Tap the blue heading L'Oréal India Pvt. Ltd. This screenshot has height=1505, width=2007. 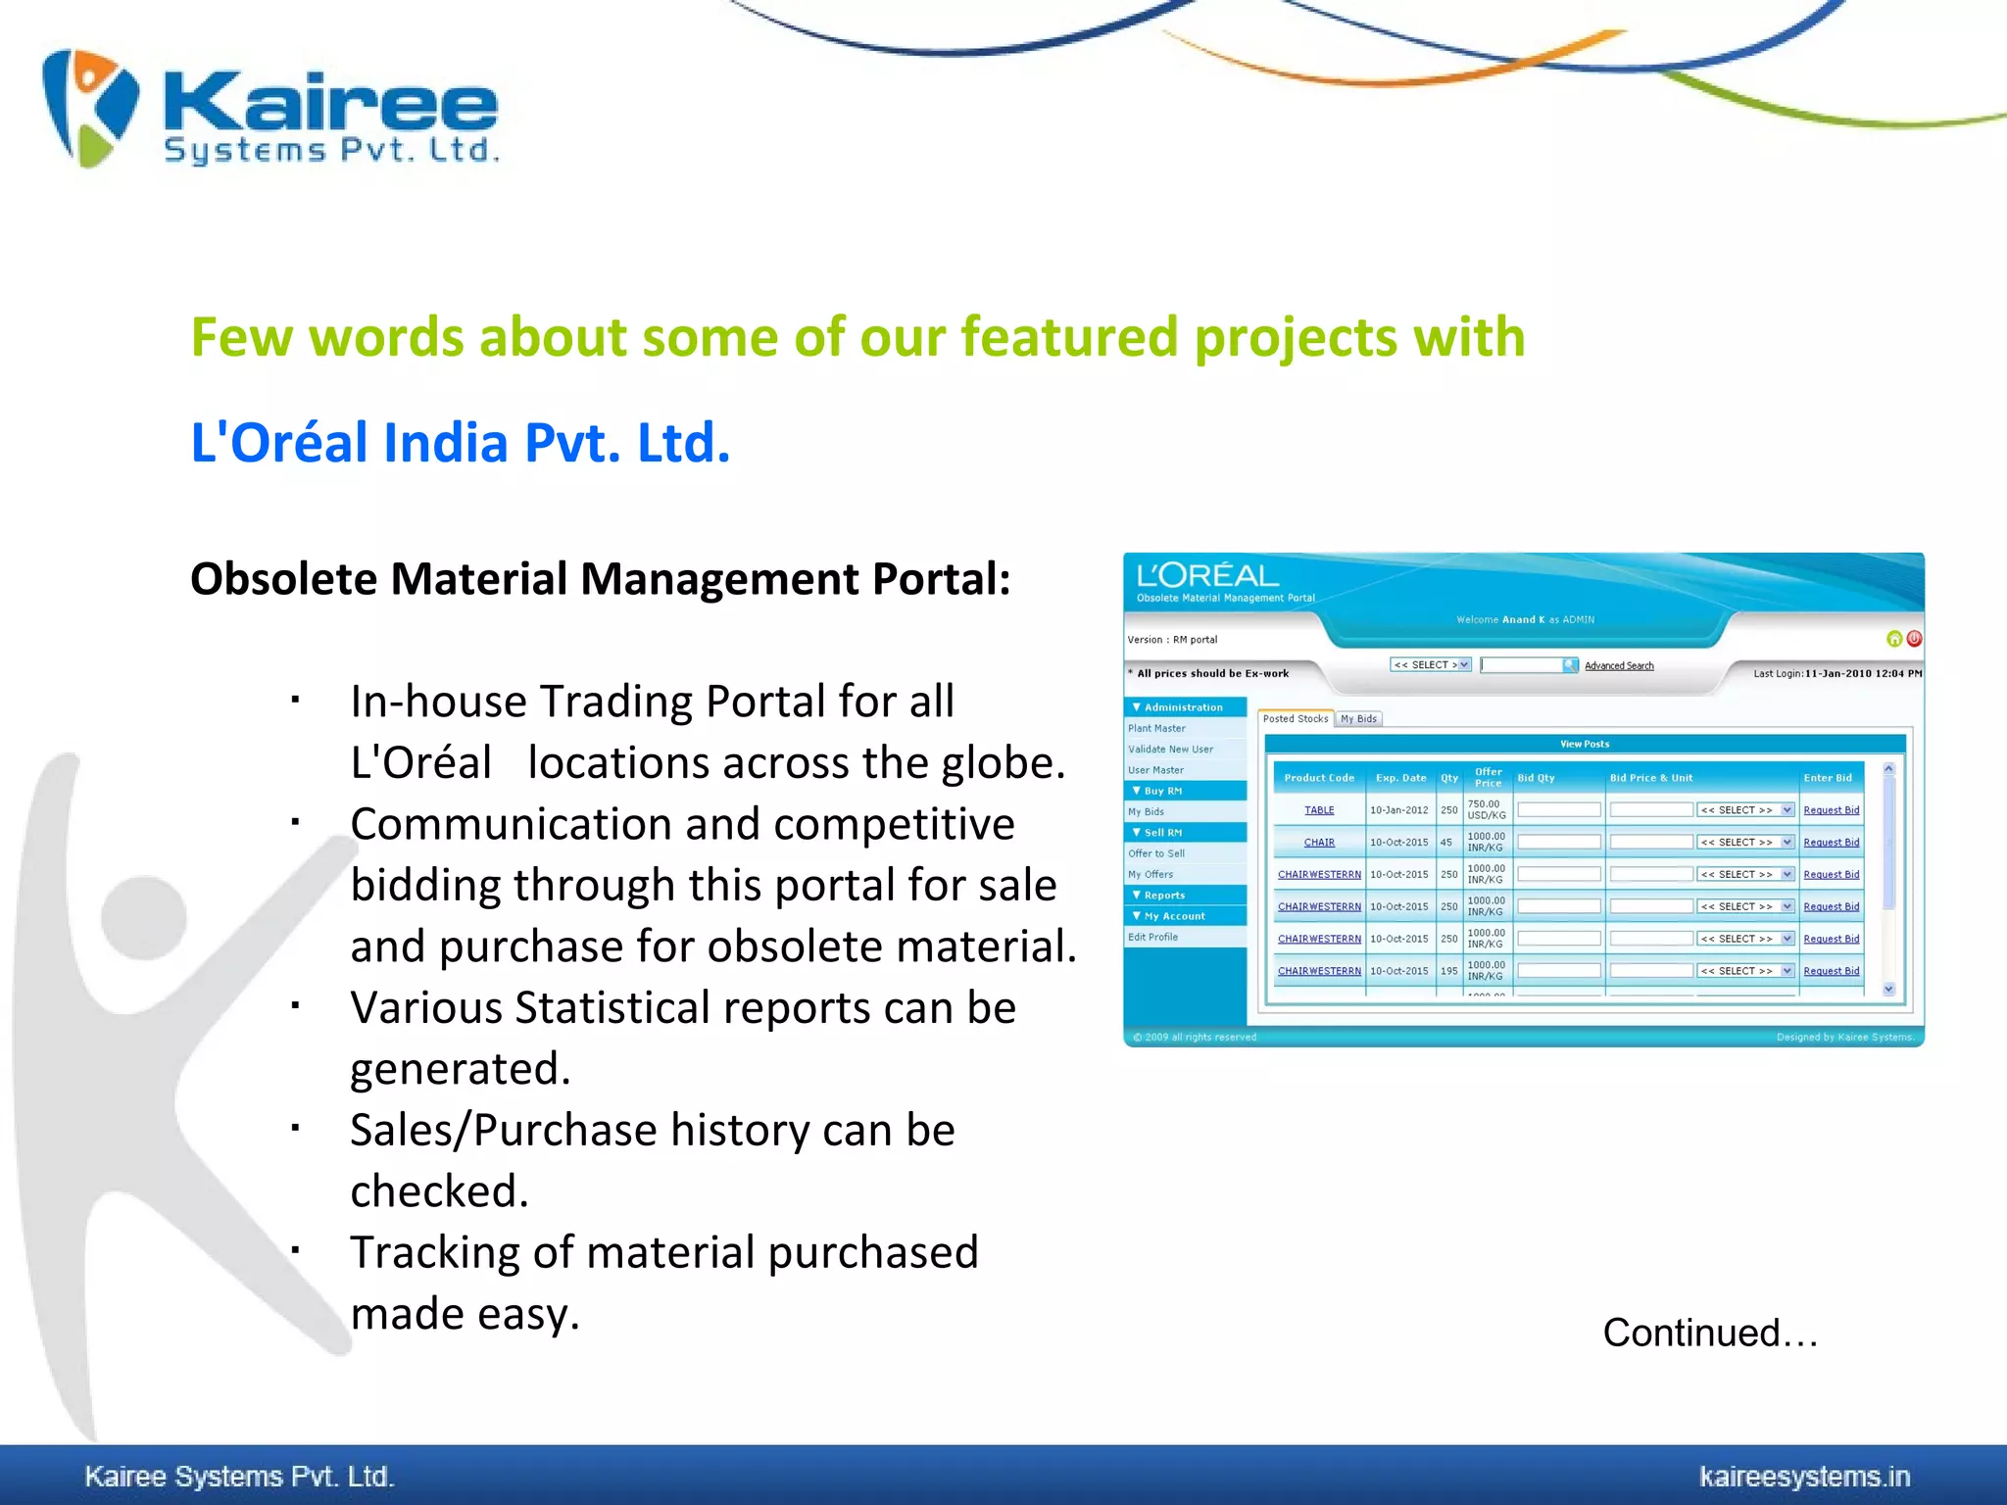click(x=460, y=443)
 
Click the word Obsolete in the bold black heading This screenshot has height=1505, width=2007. click(x=283, y=579)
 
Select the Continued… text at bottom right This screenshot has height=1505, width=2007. click(x=1710, y=1333)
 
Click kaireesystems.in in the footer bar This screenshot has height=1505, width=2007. click(x=1804, y=1476)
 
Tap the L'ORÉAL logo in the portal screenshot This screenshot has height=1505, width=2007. click(x=1207, y=576)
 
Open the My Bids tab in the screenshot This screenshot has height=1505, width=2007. click(x=1358, y=719)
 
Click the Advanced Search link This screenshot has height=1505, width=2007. click(x=1619, y=666)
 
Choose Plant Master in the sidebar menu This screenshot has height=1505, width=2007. click(x=1156, y=728)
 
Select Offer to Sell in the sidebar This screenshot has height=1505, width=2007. click(x=1156, y=853)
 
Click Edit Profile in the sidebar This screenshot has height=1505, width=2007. click(x=1152, y=937)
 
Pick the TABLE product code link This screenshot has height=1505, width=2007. click(x=1319, y=810)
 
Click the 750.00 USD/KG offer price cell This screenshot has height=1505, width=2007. click(x=1487, y=809)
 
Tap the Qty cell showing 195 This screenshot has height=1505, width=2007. click(x=1448, y=971)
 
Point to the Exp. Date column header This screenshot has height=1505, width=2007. click(x=1400, y=778)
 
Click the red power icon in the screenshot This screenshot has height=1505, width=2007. click(x=1914, y=639)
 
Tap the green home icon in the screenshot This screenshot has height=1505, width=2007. click(x=1894, y=639)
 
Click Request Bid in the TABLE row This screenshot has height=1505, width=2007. click(x=1831, y=810)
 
